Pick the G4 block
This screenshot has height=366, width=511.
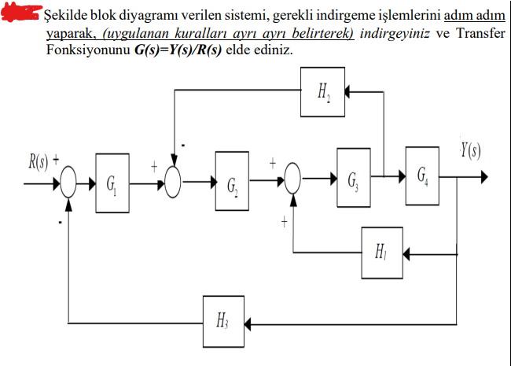423,175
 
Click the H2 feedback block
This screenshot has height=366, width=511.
322,91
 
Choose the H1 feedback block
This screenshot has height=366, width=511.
381,252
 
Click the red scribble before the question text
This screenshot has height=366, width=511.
21,12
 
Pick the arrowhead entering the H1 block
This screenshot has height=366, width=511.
408,253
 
